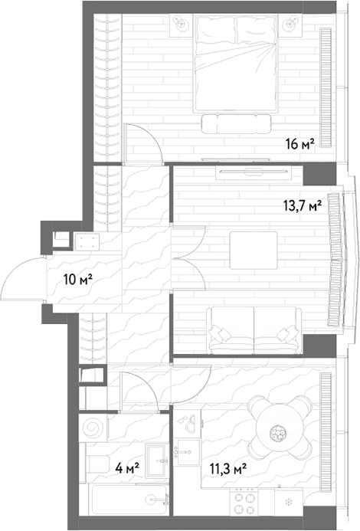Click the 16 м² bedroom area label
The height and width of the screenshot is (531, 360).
(x=300, y=145)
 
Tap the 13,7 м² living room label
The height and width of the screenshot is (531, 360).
(x=302, y=205)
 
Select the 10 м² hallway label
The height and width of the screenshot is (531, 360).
(x=78, y=280)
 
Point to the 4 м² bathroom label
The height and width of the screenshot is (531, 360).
(x=127, y=469)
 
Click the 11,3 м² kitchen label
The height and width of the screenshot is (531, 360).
(x=228, y=469)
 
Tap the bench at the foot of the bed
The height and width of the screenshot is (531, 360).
(x=237, y=125)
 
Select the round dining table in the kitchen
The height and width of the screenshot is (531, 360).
(x=279, y=428)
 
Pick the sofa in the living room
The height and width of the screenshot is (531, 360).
(x=254, y=329)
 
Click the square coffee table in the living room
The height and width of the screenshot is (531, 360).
(x=254, y=250)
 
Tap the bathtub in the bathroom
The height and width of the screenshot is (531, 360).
(x=129, y=500)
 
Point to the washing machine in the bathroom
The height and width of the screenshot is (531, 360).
(x=93, y=428)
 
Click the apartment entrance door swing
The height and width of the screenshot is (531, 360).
(x=22, y=278)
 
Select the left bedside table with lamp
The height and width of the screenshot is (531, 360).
(x=181, y=25)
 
